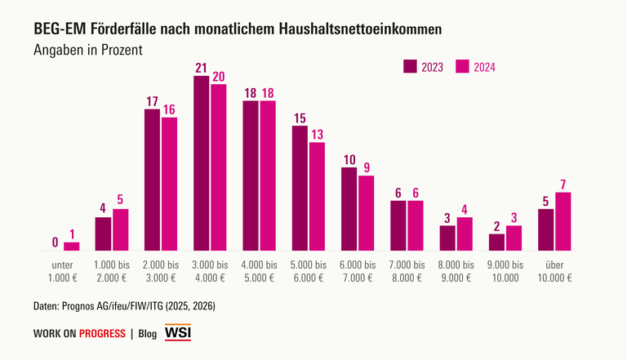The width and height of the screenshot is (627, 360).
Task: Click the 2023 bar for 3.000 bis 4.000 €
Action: click(x=202, y=163)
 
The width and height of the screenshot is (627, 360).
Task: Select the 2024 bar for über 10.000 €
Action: click(x=563, y=221)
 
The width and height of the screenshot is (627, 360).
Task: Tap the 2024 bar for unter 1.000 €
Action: click(x=72, y=246)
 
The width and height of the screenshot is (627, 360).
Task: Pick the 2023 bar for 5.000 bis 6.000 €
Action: click(x=300, y=188)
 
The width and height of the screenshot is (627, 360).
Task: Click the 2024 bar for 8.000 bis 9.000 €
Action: click(x=465, y=233)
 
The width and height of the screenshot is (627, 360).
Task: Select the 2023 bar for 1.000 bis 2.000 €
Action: click(x=104, y=233)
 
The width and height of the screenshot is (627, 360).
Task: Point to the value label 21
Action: click(x=202, y=69)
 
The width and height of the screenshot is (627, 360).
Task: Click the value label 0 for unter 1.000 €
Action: click(x=55, y=242)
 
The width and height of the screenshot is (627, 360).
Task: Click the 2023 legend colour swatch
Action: click(x=411, y=66)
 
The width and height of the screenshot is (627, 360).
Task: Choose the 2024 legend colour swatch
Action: click(x=463, y=66)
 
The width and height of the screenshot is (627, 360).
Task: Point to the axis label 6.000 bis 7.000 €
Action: click(x=358, y=271)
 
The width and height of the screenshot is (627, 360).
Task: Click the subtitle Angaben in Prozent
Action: click(x=88, y=50)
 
